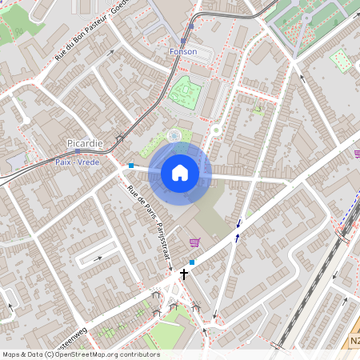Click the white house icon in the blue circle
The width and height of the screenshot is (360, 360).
point(180,172)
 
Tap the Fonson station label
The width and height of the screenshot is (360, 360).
point(182,51)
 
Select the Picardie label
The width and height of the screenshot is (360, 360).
point(84,143)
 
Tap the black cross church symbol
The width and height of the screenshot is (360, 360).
point(184,274)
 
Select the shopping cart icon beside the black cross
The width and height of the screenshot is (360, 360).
point(194,242)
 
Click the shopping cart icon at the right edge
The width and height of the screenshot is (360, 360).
point(357,154)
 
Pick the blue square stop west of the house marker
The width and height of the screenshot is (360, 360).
point(130,166)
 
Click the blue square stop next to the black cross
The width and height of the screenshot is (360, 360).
point(192,262)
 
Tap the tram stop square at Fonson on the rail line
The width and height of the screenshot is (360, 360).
point(183,40)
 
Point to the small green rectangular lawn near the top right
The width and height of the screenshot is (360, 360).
point(341,61)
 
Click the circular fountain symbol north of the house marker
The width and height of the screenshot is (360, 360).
point(174,137)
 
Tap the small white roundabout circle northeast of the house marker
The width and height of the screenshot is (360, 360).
point(215,130)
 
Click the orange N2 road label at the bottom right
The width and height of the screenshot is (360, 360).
point(354,341)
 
